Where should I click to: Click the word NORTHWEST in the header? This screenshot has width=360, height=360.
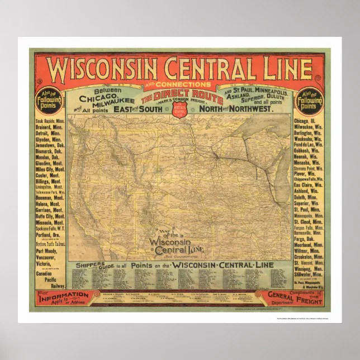[x=253, y=110]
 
